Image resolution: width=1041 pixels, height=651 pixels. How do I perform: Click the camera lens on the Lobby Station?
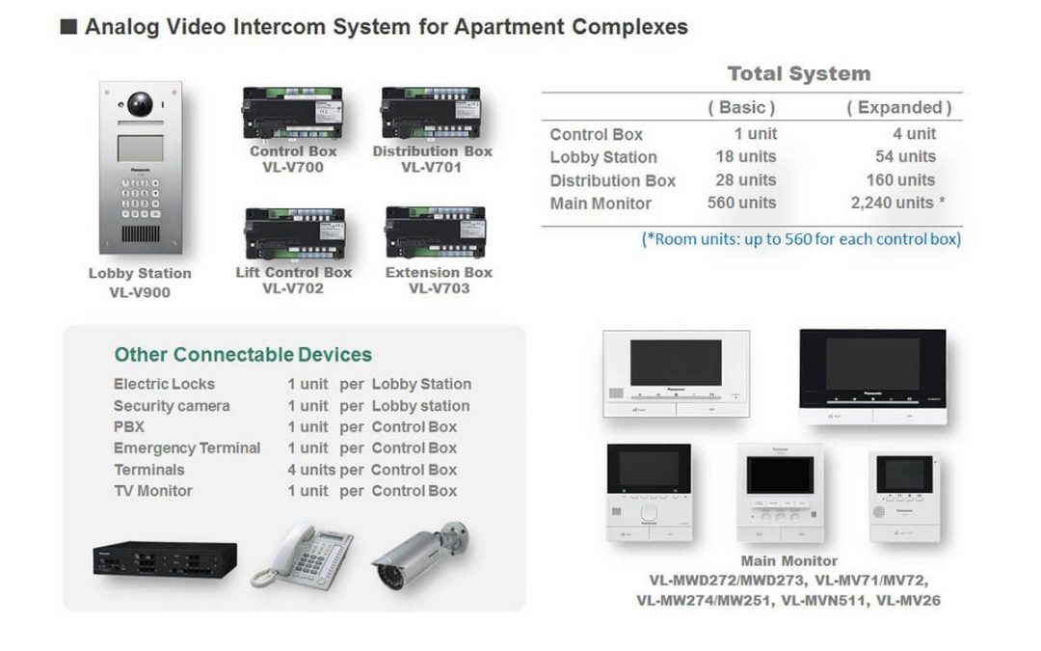click(x=141, y=103)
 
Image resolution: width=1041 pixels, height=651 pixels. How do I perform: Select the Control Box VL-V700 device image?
click(x=292, y=114)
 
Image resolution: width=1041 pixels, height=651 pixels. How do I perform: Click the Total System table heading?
click(x=798, y=73)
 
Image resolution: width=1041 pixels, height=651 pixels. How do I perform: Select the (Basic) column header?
click(x=741, y=107)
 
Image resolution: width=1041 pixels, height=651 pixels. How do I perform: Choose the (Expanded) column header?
click(x=898, y=107)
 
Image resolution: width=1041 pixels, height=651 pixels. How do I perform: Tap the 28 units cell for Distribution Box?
click(x=745, y=179)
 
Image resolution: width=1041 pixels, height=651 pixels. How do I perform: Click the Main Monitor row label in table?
click(x=601, y=203)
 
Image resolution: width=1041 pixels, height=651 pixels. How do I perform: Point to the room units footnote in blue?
click(x=801, y=238)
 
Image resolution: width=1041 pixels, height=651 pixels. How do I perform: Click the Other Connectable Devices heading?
click(x=243, y=354)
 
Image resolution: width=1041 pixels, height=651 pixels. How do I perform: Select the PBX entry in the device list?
click(x=129, y=426)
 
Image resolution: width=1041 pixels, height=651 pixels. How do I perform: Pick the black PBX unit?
click(x=165, y=558)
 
